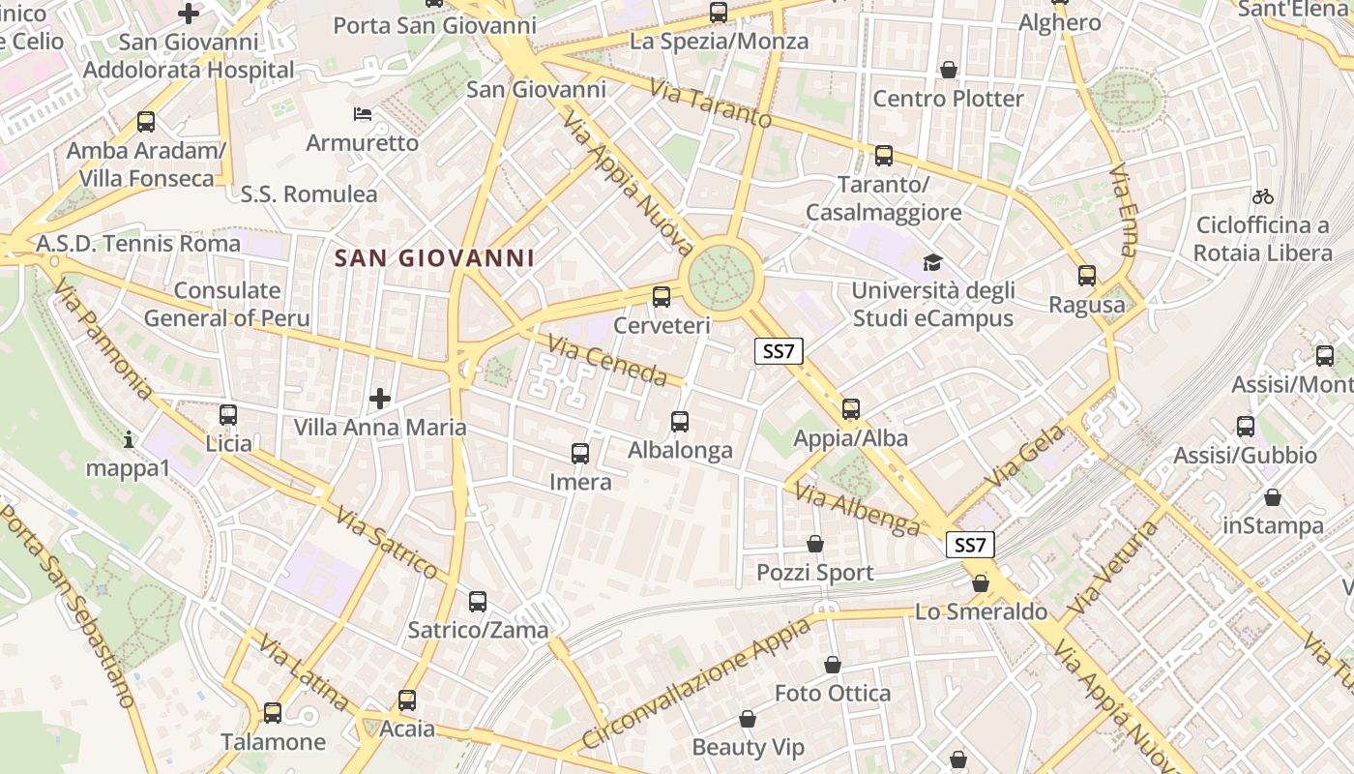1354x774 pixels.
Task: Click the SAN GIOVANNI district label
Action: point(434,258)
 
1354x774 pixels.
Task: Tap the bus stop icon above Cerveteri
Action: point(662,297)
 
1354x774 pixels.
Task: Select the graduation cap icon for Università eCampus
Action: point(932,262)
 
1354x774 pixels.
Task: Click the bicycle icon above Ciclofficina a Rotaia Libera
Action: point(1262,196)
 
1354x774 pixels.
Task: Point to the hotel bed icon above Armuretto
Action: point(363,114)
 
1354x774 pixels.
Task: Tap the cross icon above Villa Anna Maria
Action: point(380,398)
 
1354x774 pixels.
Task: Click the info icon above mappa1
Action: point(129,440)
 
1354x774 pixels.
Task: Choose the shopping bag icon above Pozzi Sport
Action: point(815,544)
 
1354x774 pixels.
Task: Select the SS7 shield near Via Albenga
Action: point(970,545)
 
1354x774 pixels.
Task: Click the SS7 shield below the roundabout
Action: point(779,351)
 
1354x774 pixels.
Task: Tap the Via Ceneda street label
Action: point(607,360)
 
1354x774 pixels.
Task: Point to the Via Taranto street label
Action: point(711,104)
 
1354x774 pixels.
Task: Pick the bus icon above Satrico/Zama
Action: point(478,602)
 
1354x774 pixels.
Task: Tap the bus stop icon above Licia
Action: point(228,415)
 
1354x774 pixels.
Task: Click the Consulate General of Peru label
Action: point(227,304)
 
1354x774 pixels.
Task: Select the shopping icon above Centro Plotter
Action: point(949,70)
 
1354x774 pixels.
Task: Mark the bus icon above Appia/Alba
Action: point(851,409)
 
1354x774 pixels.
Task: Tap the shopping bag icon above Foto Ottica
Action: point(833,665)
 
